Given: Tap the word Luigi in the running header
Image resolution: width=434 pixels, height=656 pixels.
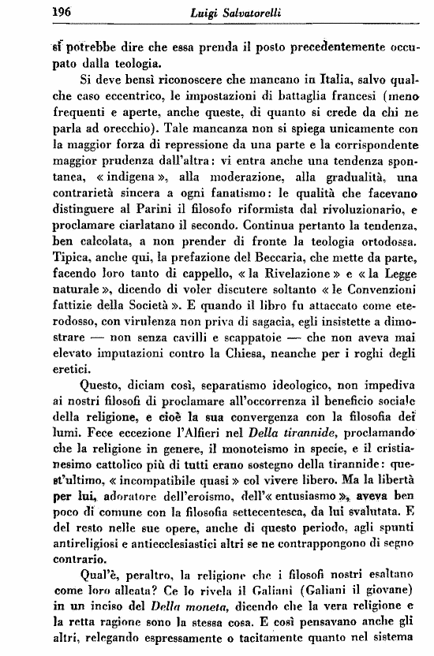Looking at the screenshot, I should coord(179,12).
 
